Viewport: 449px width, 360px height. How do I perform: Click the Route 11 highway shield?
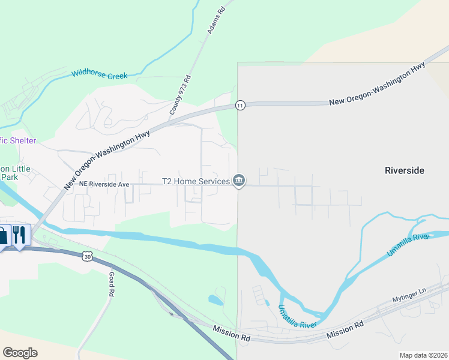coord(240,105)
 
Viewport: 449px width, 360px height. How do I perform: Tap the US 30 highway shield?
coord(88,257)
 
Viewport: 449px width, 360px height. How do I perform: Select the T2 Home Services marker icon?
coord(239,180)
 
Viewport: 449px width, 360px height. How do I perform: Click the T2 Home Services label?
coord(196,181)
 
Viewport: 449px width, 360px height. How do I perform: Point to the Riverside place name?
coord(404,170)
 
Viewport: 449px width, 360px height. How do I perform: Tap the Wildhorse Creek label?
coord(100,75)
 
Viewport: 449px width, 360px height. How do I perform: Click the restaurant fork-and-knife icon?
coord(19,235)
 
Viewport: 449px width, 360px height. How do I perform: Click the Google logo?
coord(20,352)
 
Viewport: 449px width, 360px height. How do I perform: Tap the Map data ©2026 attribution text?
coord(423,355)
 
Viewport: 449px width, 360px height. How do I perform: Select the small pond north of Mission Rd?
coord(215,299)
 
